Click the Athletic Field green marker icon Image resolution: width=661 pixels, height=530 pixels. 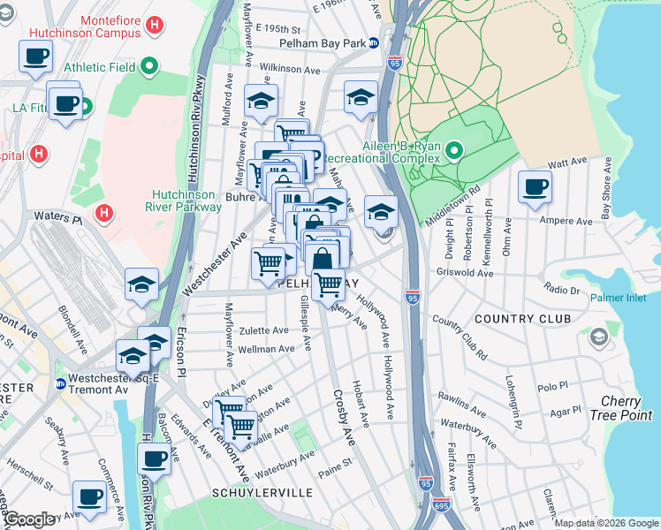pos(149,65)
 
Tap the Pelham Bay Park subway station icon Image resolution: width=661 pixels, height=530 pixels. pos(374,42)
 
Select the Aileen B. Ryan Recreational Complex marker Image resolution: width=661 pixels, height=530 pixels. pos(454,151)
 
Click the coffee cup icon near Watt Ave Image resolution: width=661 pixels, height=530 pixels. pos(536,187)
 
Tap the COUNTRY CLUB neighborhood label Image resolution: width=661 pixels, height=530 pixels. pos(522,318)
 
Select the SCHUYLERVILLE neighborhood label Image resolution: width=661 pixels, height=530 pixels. pos(250,491)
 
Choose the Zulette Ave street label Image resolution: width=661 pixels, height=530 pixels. pos(263,330)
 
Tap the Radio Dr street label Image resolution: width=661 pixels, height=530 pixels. pos(562,289)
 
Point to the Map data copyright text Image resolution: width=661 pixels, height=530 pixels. pos(606,524)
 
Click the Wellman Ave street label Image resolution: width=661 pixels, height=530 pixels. pos(266,350)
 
